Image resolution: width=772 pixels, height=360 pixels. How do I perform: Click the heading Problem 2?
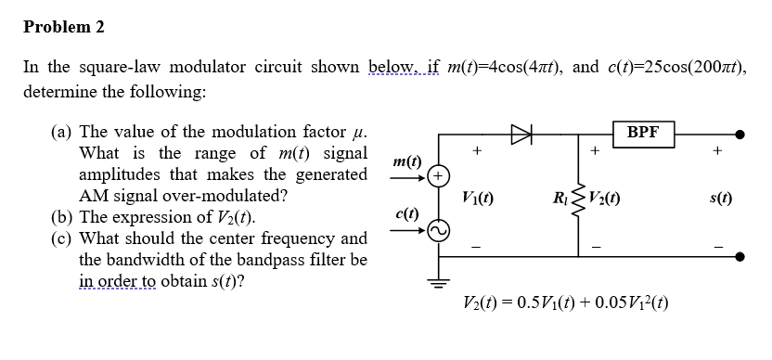point(64,27)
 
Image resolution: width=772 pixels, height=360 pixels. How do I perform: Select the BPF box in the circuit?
point(643,133)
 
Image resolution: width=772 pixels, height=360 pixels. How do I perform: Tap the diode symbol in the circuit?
point(519,133)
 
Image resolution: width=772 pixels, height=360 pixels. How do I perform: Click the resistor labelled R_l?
point(582,196)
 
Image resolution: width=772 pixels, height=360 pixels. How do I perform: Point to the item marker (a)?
point(64,132)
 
